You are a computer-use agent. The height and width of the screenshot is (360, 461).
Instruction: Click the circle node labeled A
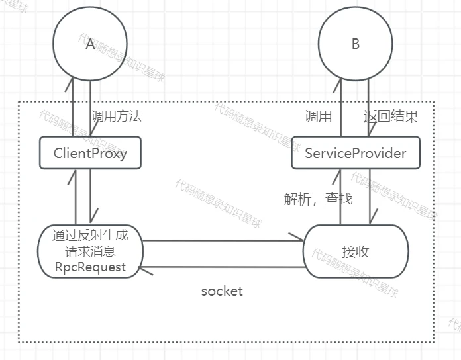pyautogui.click(x=90, y=44)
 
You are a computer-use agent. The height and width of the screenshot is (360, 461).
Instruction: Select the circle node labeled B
pyautogui.click(x=356, y=44)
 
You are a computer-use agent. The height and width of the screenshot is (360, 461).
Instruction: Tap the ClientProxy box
pyautogui.click(x=90, y=153)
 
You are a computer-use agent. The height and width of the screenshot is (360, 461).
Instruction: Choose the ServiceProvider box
pyautogui.click(x=356, y=153)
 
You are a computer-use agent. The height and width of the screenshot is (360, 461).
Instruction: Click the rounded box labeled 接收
pyautogui.click(x=356, y=251)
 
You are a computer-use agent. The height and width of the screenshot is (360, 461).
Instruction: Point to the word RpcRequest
pyautogui.click(x=90, y=267)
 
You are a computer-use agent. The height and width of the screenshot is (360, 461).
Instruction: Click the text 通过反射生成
pyautogui.click(x=90, y=235)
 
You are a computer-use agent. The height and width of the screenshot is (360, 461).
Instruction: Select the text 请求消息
pyautogui.click(x=90, y=251)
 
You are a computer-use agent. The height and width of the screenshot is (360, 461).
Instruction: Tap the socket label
pyautogui.click(x=222, y=291)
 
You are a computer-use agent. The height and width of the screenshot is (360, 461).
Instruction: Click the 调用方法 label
pyautogui.click(x=117, y=116)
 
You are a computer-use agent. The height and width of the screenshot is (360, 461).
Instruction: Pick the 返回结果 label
pyautogui.click(x=391, y=117)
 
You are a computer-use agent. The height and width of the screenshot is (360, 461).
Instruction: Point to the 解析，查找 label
pyautogui.click(x=319, y=199)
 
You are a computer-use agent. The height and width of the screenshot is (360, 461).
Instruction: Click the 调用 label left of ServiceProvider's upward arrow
pyautogui.click(x=318, y=117)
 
